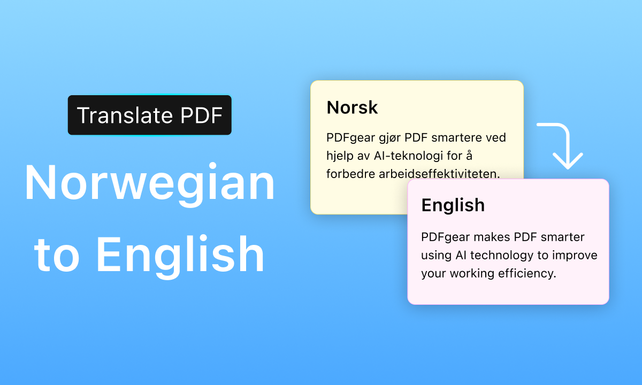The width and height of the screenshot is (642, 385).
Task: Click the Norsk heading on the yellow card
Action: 352,107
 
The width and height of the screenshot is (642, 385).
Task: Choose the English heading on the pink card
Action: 453,205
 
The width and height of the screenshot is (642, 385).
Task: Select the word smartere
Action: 454,138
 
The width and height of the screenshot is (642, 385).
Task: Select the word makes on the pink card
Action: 491,237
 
